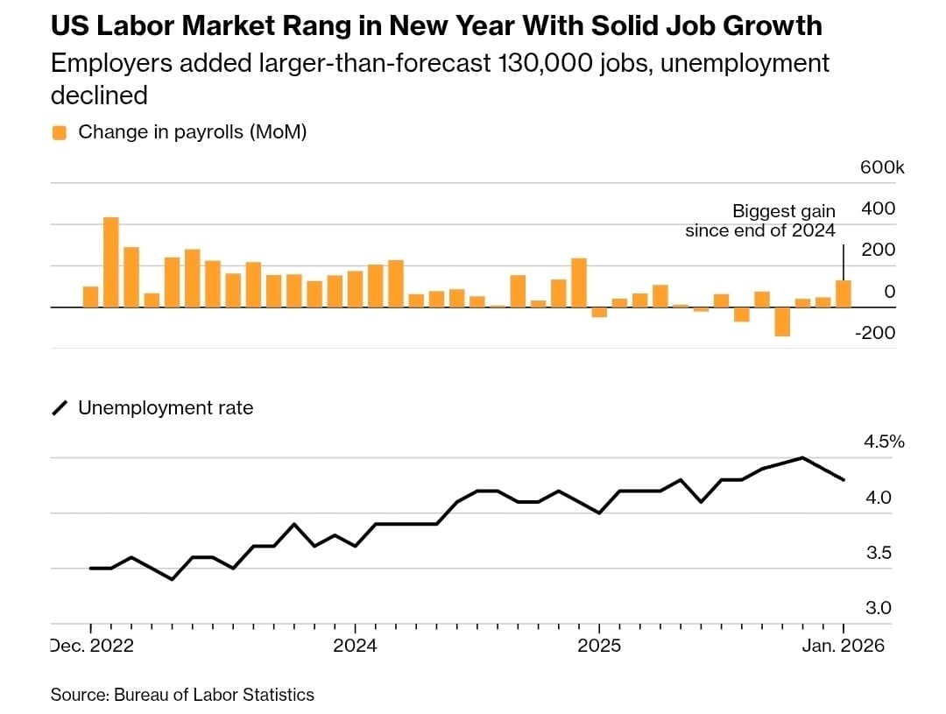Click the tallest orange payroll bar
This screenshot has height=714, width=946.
point(111,262)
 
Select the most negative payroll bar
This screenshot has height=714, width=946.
point(782,322)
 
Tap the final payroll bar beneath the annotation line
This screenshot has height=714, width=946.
point(844,293)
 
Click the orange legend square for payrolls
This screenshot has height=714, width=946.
point(60,133)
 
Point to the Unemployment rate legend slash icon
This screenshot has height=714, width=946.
point(60,408)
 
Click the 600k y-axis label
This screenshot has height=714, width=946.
point(882,167)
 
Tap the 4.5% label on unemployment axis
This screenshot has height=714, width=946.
point(884,442)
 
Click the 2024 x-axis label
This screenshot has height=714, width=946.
point(355,647)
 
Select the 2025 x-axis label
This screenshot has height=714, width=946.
point(599,647)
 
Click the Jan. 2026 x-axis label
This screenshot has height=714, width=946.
point(843,647)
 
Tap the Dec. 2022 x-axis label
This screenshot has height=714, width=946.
point(91,647)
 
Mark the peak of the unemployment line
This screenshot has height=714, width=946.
point(801,457)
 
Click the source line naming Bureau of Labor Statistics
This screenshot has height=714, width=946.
point(182,695)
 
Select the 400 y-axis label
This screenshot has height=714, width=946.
point(879,209)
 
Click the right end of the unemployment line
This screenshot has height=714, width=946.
point(844,479)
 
